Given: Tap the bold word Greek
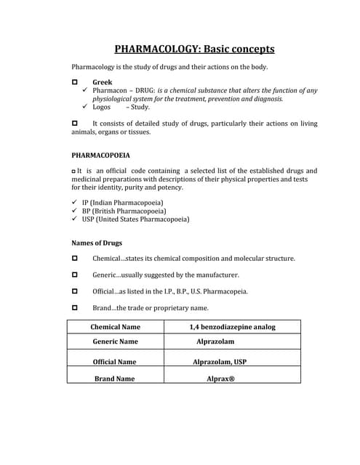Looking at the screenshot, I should coord(103,83).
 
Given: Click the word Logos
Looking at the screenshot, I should coord(102,107).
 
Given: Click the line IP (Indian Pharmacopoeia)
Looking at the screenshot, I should coord(128,202).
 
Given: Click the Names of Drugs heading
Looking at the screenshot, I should coord(97,243).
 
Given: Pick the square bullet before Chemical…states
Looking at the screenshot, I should coord(76,259).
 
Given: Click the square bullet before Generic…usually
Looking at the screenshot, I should coord(76,275).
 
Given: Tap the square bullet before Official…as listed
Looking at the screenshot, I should coord(76,291).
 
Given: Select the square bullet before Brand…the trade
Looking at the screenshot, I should coord(76,308).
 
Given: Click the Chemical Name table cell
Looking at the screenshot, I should coord(115,327).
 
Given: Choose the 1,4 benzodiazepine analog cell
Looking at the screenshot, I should coord(232,327).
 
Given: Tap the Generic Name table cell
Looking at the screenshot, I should coord(115,341).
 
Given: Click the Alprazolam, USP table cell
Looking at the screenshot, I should coord(220,361).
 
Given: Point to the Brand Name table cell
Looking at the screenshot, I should coord(114,379).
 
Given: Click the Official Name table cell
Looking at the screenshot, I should coord(114,361).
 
